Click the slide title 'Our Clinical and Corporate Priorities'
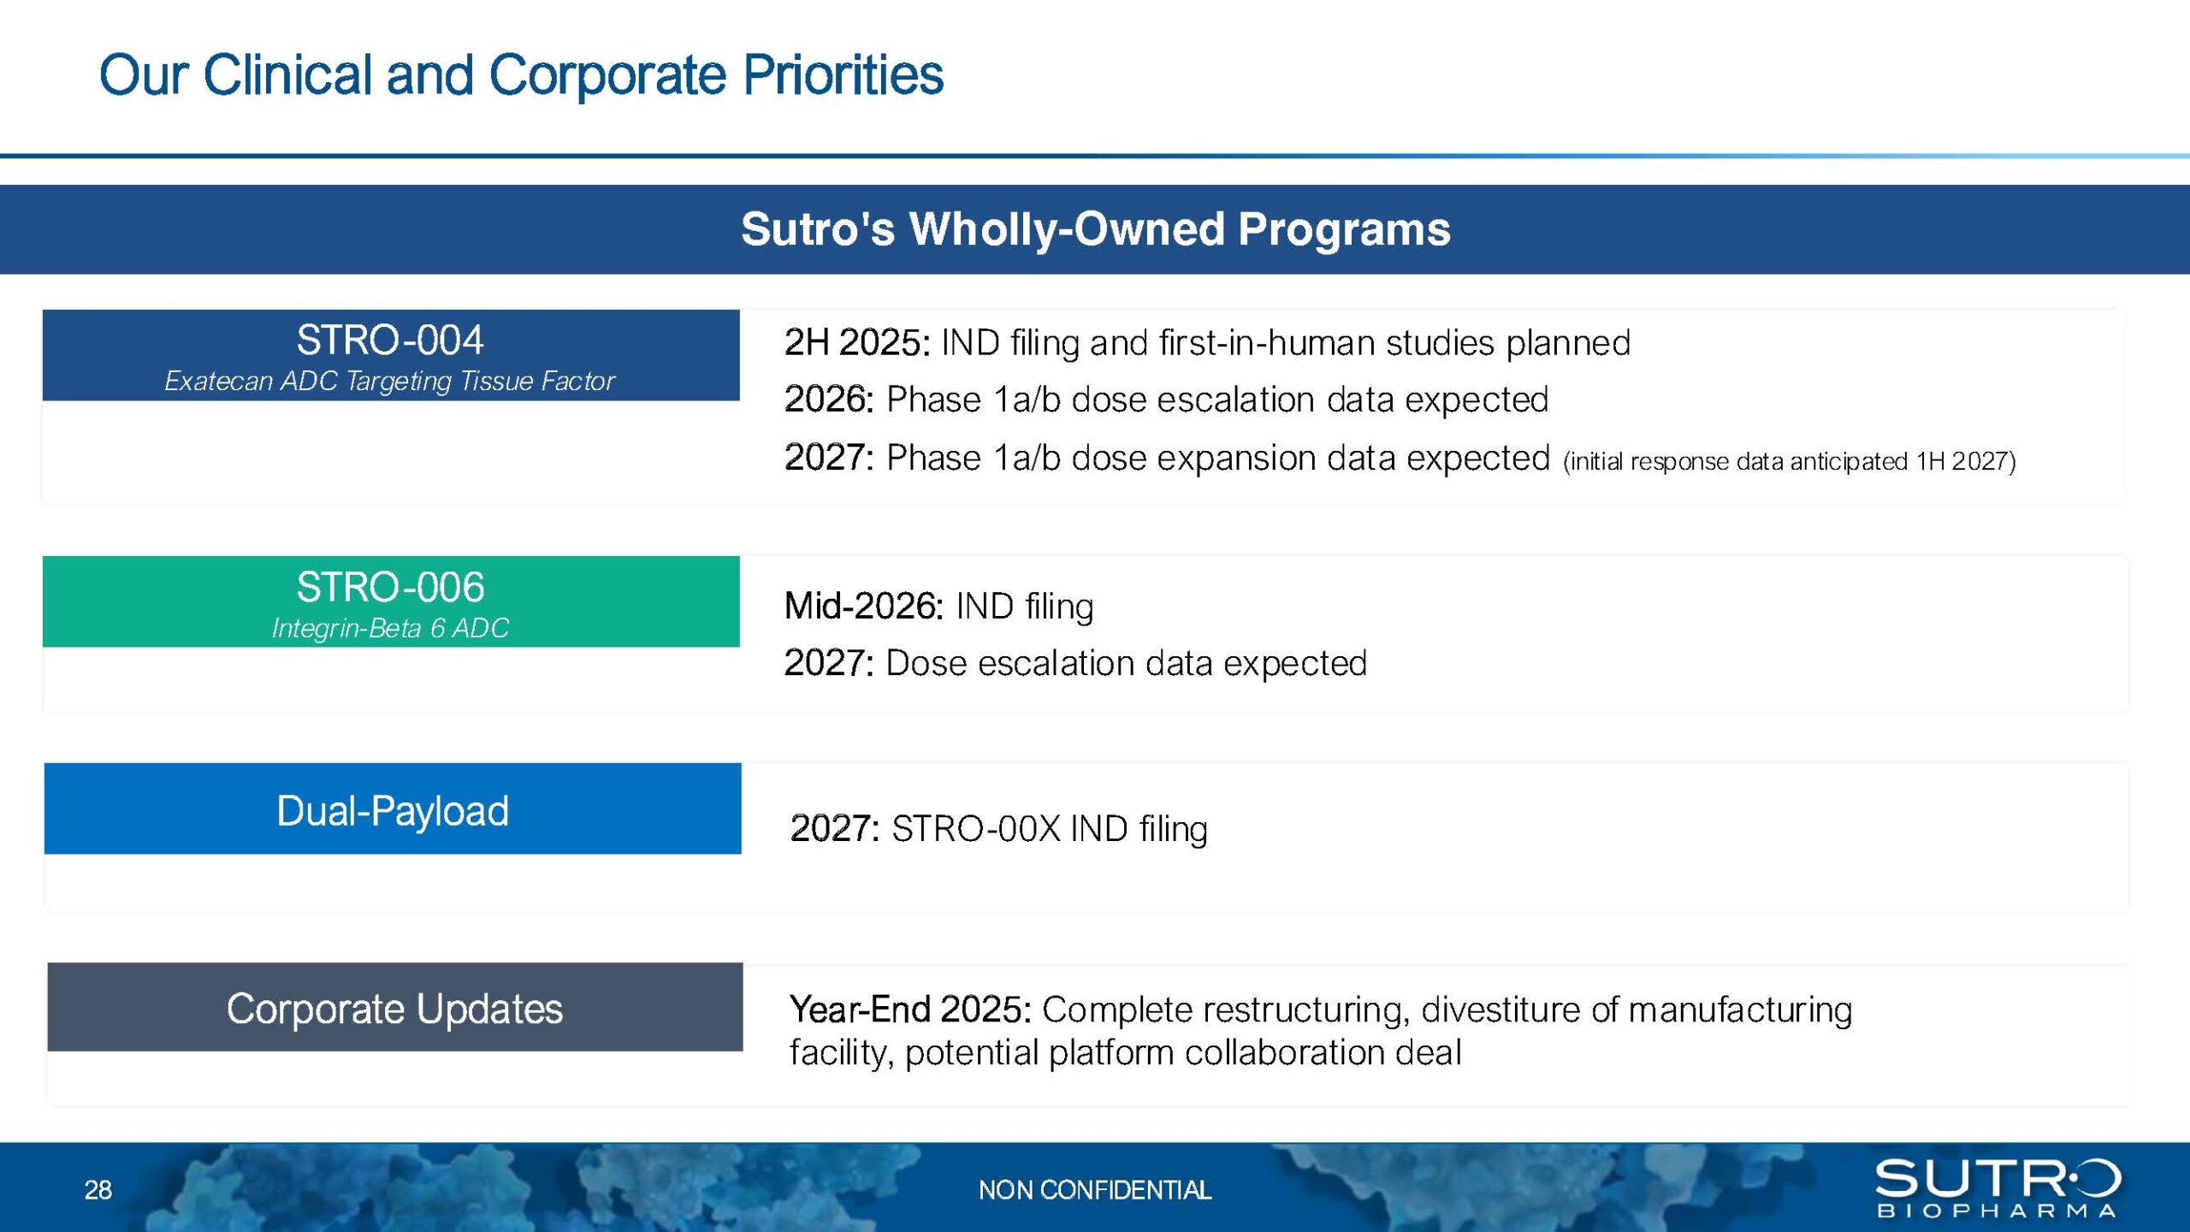click(x=521, y=75)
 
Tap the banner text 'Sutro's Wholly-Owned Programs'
click(x=1095, y=229)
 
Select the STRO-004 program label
click(x=390, y=340)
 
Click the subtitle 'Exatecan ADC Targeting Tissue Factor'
click(x=389, y=381)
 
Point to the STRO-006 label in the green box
click(x=390, y=587)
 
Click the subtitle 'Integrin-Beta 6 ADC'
click(x=390, y=628)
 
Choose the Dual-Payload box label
click(x=393, y=811)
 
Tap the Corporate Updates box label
click(x=394, y=1009)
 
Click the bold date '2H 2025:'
click(x=857, y=342)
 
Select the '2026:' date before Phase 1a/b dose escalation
click(x=829, y=400)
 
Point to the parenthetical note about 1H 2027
click(x=1790, y=462)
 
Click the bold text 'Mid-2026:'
click(x=864, y=606)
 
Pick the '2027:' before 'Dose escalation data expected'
click(x=829, y=663)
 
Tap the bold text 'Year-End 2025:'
click(x=910, y=1010)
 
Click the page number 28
click(x=98, y=1190)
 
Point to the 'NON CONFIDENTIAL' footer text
click(x=1095, y=1190)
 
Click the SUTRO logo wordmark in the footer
click(x=1998, y=1178)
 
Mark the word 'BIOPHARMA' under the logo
click(x=1997, y=1211)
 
